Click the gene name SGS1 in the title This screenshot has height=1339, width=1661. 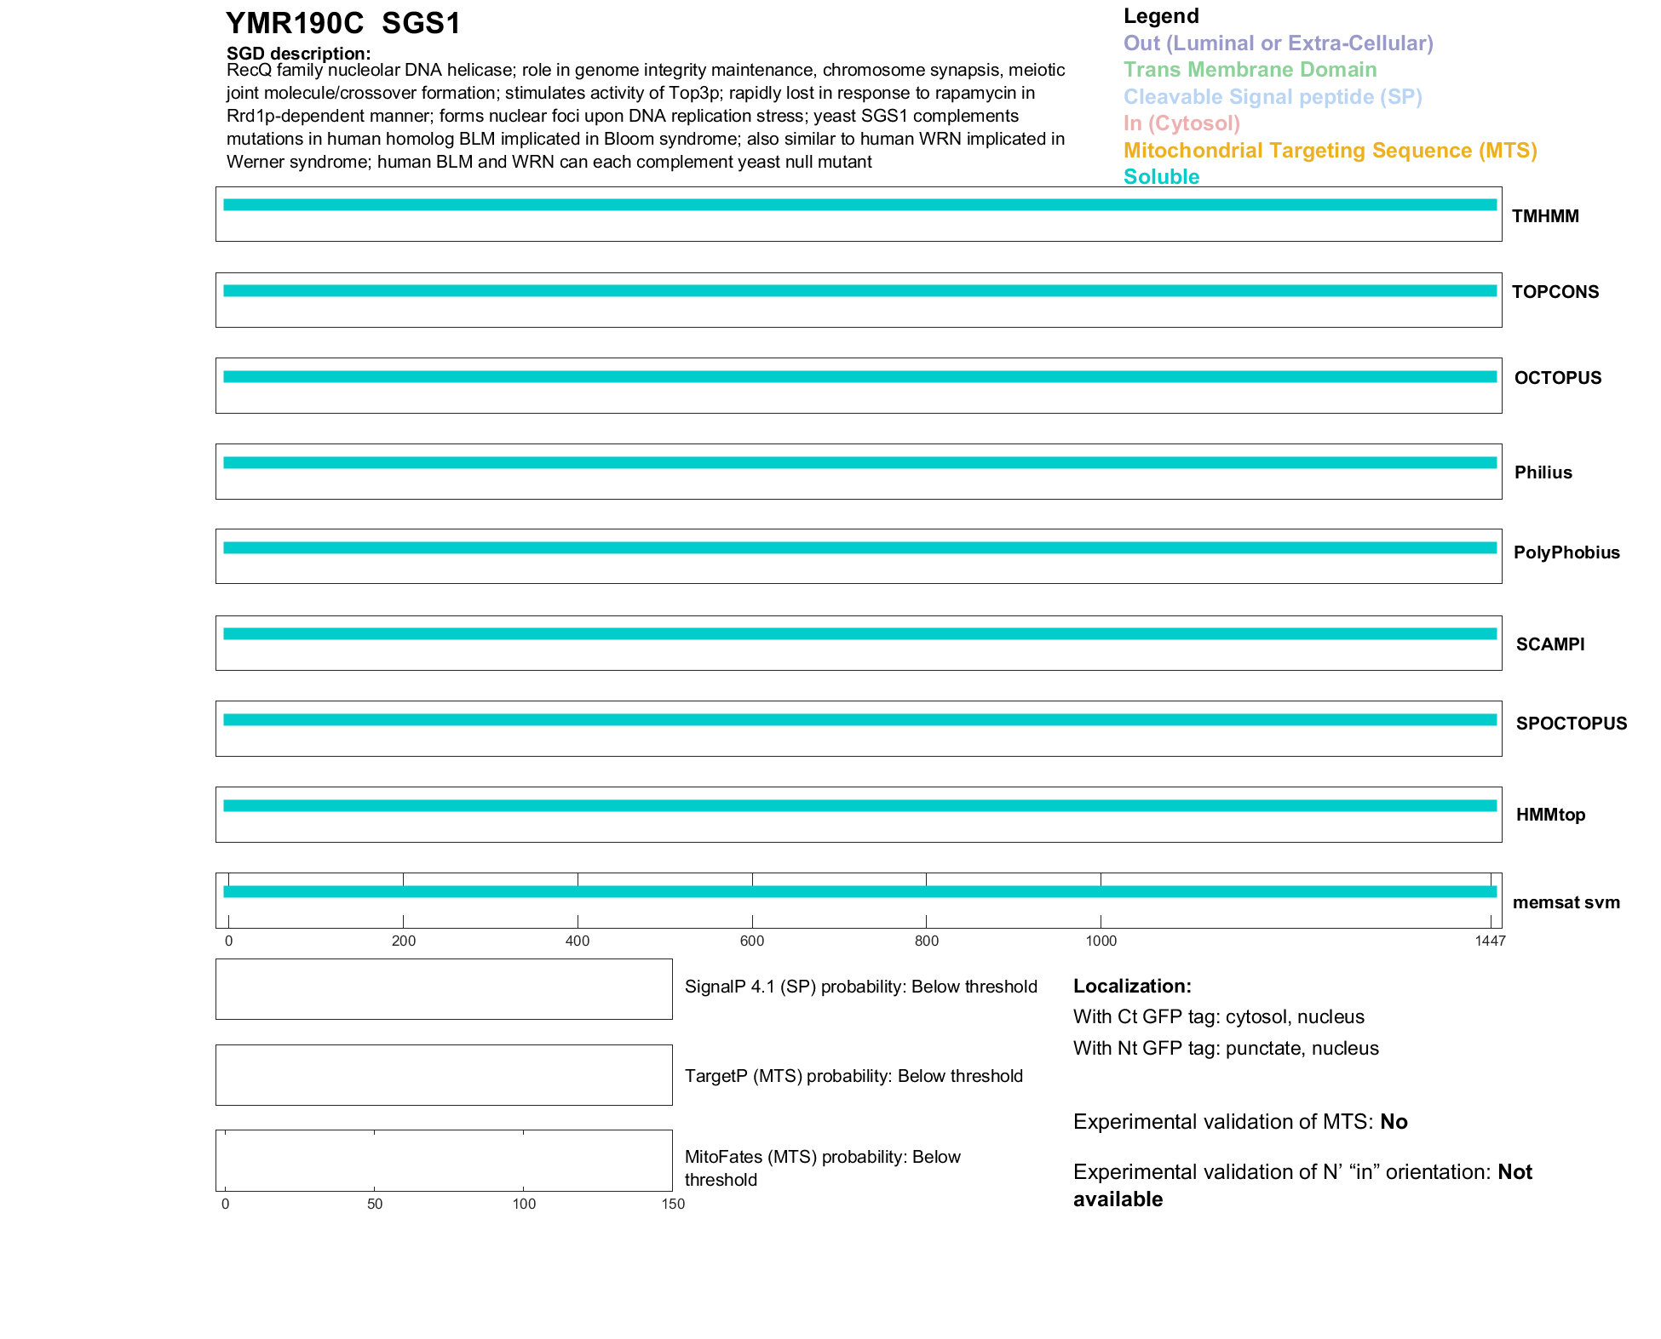point(421,24)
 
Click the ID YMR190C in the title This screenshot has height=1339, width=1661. point(295,24)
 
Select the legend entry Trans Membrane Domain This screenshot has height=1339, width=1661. point(1250,70)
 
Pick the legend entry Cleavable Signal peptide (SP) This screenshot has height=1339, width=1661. point(1273,97)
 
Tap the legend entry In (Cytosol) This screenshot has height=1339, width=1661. point(1181,123)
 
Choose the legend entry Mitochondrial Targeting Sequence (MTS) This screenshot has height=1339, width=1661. point(1330,151)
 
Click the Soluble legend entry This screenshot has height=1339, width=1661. point(1161,177)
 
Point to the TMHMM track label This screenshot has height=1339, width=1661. point(1545,216)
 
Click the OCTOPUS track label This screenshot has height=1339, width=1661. point(1557,378)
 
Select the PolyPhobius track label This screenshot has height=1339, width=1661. point(1566,552)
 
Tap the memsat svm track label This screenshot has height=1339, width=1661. point(1566,902)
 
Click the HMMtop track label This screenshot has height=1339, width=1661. point(1550,815)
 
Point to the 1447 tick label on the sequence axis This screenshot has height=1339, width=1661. point(1490,941)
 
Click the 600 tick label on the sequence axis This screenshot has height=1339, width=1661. point(752,941)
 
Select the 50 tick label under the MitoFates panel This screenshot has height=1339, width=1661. point(375,1204)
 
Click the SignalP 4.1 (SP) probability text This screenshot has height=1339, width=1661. point(860,987)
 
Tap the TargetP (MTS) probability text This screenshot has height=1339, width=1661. point(853,1076)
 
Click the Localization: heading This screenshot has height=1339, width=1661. point(1132,986)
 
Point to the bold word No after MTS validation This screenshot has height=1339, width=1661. point(1394,1122)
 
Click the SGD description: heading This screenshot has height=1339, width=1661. point(298,54)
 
